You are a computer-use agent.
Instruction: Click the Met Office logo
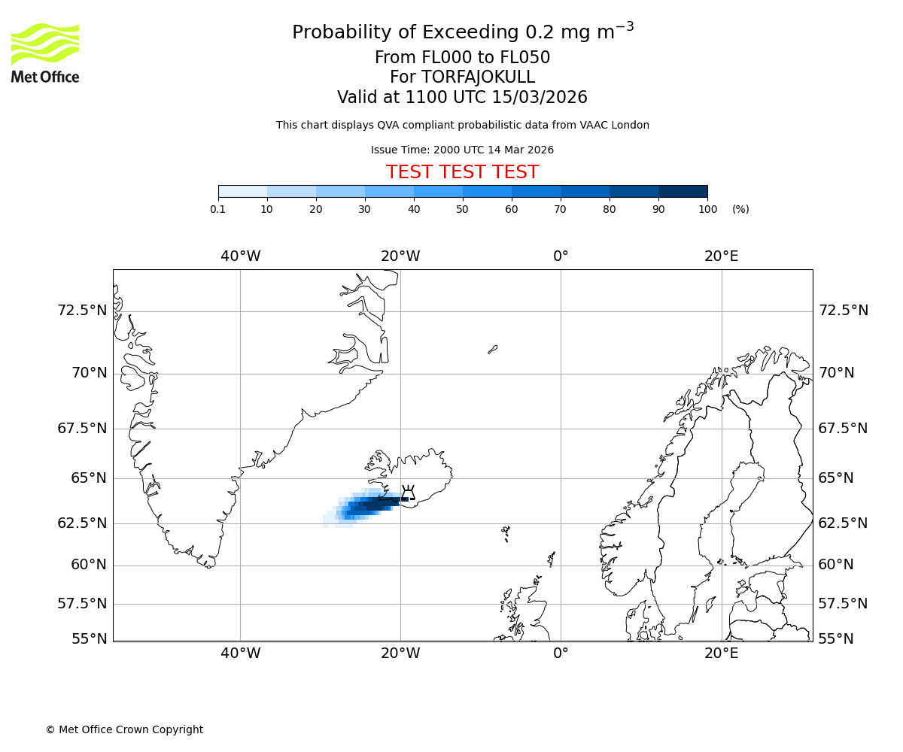[45, 53]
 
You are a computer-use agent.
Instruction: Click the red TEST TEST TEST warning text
[462, 172]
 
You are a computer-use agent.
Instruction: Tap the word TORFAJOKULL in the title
[479, 77]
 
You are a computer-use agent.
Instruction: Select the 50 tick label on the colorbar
[463, 209]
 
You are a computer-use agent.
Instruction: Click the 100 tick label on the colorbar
[707, 209]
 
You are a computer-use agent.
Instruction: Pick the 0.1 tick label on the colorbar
[218, 209]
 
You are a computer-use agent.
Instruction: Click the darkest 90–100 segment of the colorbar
[683, 191]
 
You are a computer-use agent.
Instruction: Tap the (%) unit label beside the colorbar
[740, 209]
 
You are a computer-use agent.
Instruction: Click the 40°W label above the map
[241, 256]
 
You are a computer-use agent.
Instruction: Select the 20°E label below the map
[721, 653]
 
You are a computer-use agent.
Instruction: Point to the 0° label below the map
[561, 653]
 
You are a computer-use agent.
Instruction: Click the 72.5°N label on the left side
[83, 311]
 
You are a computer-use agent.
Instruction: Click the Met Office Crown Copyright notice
[124, 729]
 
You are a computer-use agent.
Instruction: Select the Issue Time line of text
[462, 150]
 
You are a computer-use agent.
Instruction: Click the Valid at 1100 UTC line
[462, 98]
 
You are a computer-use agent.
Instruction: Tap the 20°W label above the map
[400, 256]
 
